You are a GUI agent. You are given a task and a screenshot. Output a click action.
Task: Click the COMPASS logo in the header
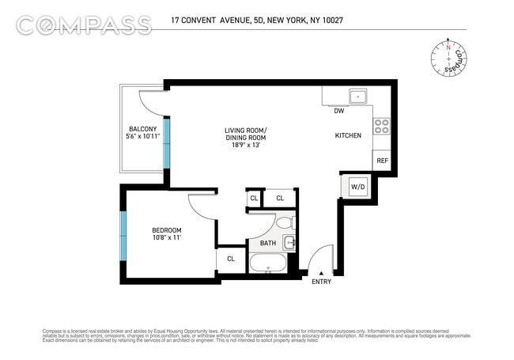[84, 25]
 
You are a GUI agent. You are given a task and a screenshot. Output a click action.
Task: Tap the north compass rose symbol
[448, 59]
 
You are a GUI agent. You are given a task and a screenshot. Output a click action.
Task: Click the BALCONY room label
[143, 129]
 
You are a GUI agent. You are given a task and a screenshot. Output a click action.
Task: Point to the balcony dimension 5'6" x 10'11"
[143, 137]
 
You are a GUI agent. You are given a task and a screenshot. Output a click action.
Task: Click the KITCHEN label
[348, 135]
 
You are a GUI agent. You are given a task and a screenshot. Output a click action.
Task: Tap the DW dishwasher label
[338, 111]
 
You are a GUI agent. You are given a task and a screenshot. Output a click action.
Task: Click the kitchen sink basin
[359, 97]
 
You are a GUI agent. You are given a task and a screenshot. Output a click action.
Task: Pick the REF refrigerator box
[382, 161]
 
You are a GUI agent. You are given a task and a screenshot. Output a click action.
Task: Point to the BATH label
[268, 243]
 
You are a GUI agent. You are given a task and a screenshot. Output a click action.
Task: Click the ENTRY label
[322, 282]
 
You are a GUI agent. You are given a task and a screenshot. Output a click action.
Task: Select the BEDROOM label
[167, 232]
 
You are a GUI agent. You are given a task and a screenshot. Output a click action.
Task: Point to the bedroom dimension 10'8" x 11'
[167, 240]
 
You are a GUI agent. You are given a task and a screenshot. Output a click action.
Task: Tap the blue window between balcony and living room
[167, 140]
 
